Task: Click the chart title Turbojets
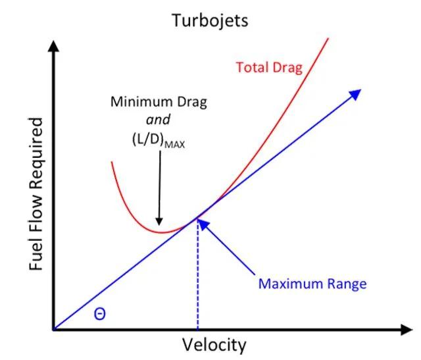[210, 20]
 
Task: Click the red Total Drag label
[269, 67]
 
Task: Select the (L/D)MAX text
[158, 140]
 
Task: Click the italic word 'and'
[159, 120]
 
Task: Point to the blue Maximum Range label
[312, 284]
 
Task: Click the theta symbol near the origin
[99, 314]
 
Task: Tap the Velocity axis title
[214, 345]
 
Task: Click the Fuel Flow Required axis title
[37, 194]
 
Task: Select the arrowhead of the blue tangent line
[356, 94]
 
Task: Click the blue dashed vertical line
[197, 276]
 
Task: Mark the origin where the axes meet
[53, 329]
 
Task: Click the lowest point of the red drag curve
[160, 232]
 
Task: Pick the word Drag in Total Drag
[288, 67]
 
